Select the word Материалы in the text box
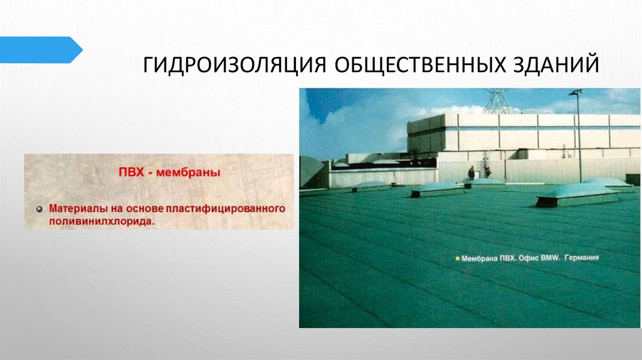pos(78,207)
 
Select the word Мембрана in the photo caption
pos(480,257)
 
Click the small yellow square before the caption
pos(458,258)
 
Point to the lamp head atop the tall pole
pos(576,93)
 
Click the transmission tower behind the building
pos(499,100)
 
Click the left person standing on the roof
pos(471,172)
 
